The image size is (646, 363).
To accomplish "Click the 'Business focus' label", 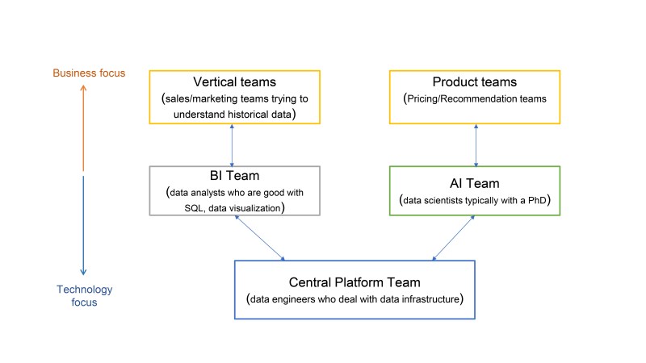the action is [x=89, y=73].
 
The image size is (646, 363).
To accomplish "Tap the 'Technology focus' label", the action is [x=85, y=295].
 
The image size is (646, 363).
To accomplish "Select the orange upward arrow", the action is [x=83, y=128].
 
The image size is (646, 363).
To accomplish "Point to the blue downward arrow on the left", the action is [x=83, y=226].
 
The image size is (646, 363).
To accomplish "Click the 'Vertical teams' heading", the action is [x=234, y=82].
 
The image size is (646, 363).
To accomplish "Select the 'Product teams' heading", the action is [x=475, y=82].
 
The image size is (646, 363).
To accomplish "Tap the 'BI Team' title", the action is [x=234, y=176].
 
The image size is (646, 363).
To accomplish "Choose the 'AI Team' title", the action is [x=475, y=183].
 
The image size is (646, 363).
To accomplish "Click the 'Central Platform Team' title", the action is [x=354, y=282].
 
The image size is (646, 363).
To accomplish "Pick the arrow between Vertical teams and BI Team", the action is [x=232, y=145].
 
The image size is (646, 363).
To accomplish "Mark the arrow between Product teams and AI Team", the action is [x=476, y=145].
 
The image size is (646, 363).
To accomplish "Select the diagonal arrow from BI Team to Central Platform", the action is [x=259, y=238].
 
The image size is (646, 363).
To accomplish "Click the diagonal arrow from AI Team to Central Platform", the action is [x=453, y=238].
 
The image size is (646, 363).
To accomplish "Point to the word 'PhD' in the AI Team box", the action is [x=537, y=200].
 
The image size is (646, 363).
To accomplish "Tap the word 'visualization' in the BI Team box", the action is [x=254, y=208].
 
